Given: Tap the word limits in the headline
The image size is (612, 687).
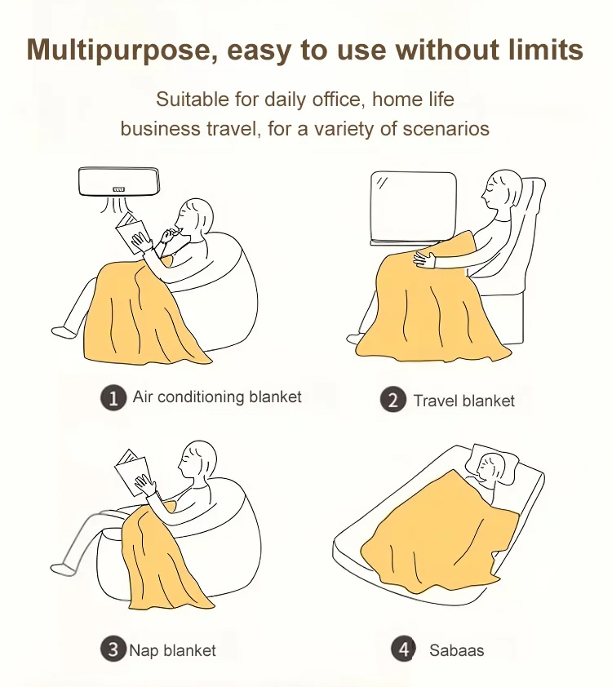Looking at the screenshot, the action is (x=546, y=49).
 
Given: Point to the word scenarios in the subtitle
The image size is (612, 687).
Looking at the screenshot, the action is (x=446, y=129).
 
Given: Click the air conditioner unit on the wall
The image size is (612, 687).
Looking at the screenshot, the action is (x=118, y=181).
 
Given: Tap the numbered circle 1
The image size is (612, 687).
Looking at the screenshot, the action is (x=113, y=397).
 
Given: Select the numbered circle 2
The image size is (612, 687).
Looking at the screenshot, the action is (x=393, y=400).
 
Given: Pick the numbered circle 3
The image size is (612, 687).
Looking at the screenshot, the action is (x=113, y=649).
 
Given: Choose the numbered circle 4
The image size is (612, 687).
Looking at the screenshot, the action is (x=403, y=649).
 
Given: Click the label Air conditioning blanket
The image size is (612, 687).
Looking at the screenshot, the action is (x=217, y=397).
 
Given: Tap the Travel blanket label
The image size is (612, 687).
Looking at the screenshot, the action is (x=464, y=401).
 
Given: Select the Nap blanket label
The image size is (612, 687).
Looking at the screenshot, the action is (x=173, y=650).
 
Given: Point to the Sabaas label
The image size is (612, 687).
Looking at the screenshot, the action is (x=456, y=650).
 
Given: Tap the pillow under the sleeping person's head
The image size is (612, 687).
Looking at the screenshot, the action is (x=493, y=464).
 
